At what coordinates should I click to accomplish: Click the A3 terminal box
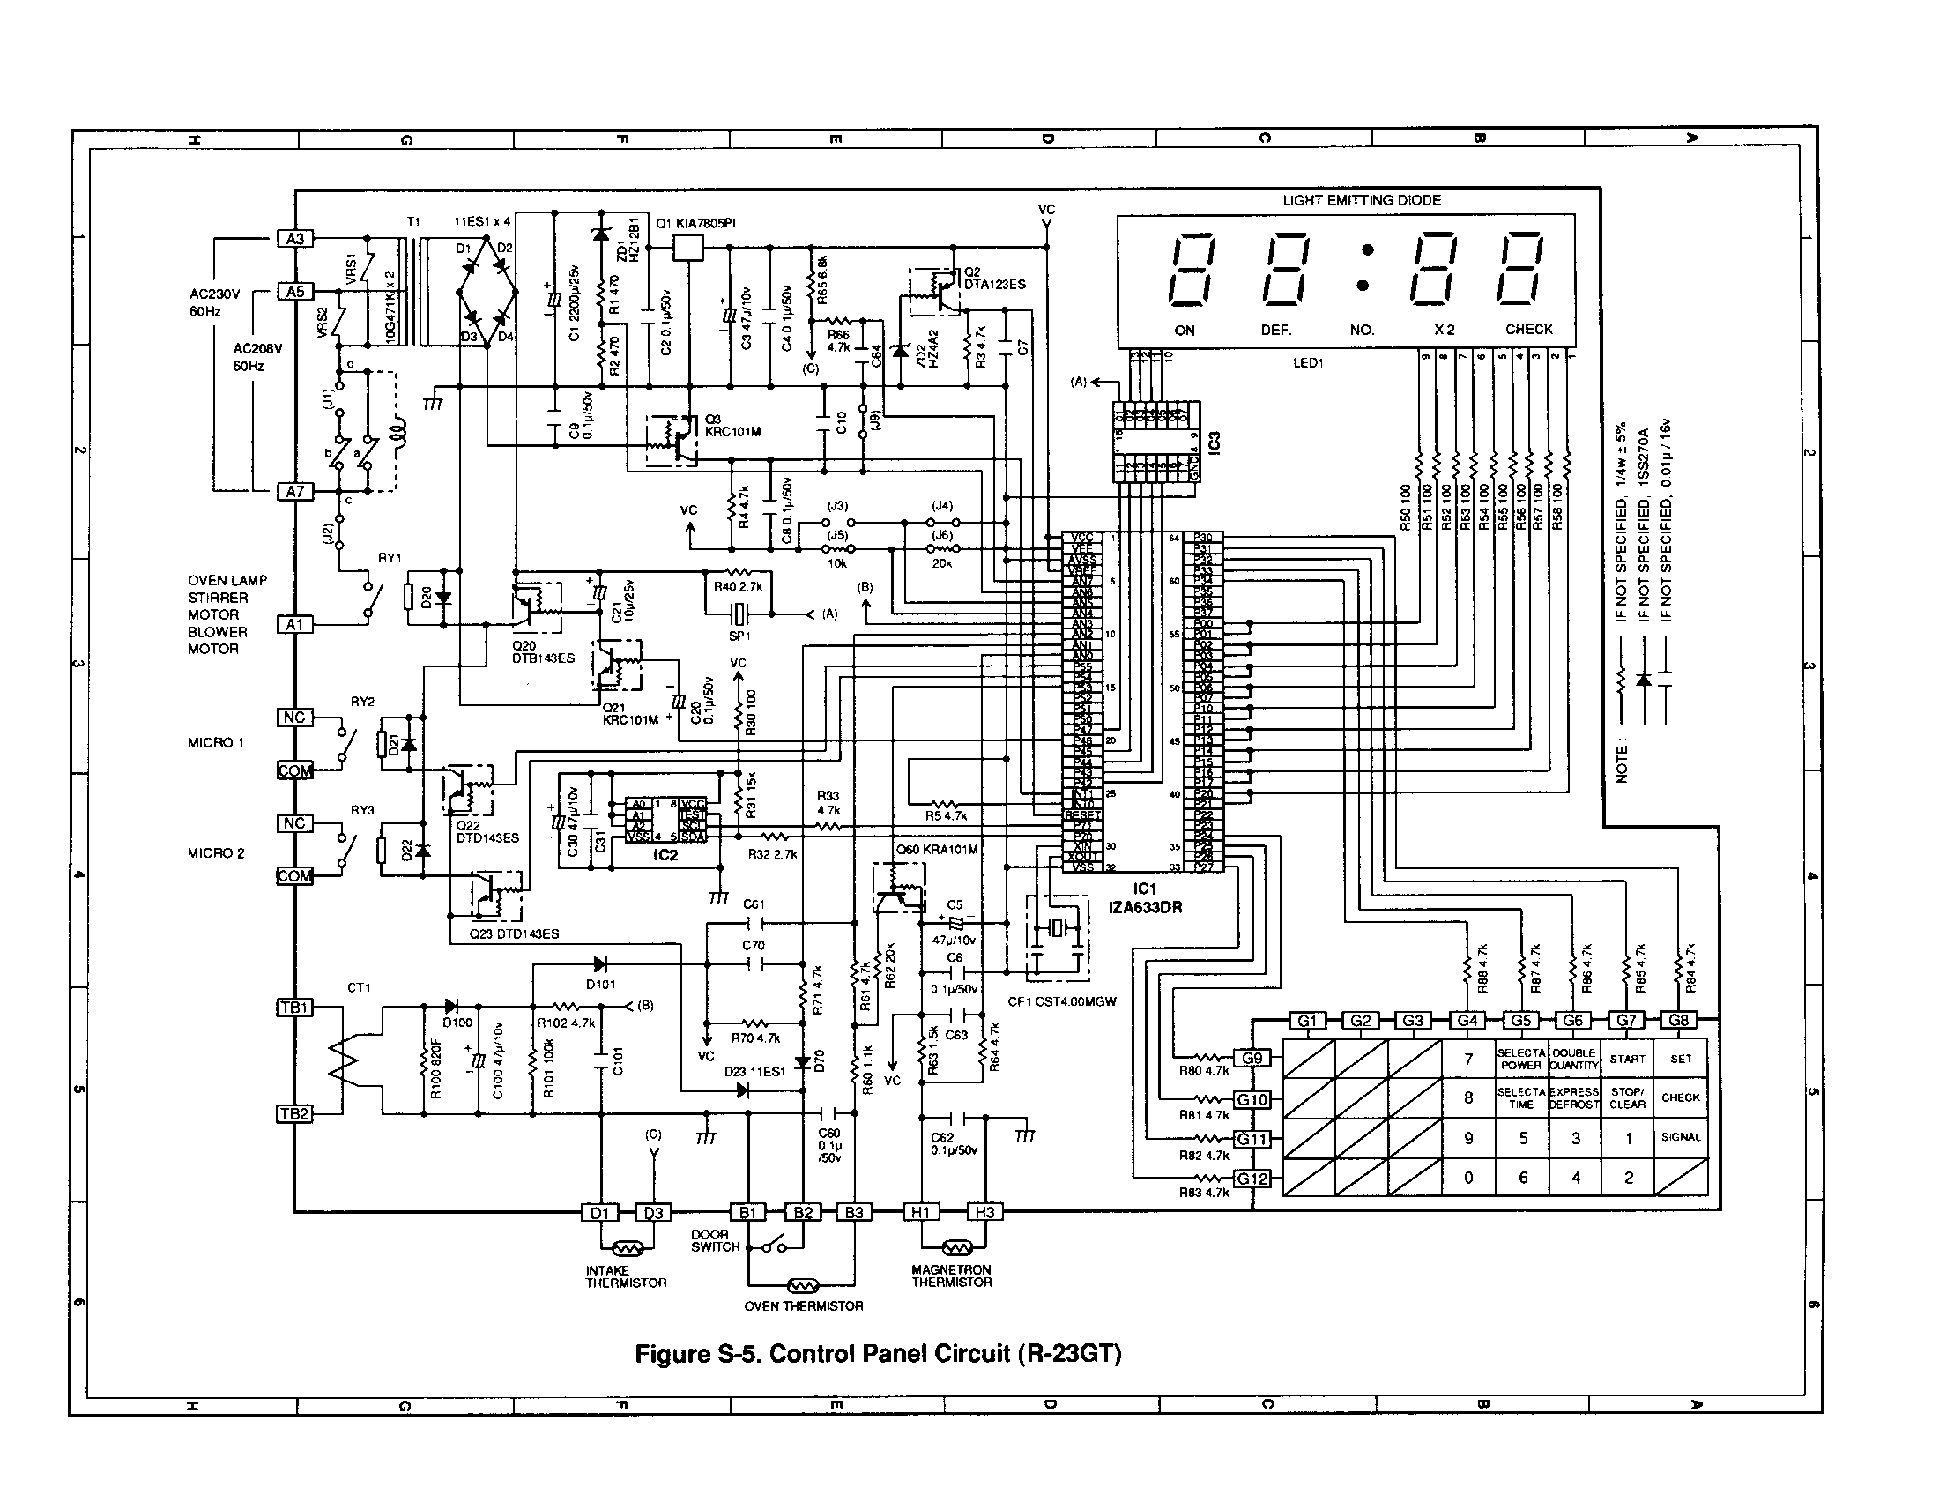click(295, 239)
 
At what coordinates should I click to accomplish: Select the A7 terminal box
click(295, 491)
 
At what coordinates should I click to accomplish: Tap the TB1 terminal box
click(294, 1008)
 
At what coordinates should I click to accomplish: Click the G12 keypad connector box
click(1252, 1179)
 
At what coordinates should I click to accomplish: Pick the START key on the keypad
click(1627, 1060)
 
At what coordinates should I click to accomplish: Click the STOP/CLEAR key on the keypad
click(1627, 1098)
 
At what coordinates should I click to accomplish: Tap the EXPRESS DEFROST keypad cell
click(1574, 1098)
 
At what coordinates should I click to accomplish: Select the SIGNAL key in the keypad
click(1681, 1137)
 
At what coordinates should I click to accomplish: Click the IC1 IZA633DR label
click(1145, 898)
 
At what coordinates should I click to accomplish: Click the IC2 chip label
click(665, 856)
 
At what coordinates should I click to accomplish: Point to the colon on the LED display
click(1367, 268)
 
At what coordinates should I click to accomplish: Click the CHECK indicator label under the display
click(1529, 330)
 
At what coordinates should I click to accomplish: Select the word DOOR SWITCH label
click(715, 1240)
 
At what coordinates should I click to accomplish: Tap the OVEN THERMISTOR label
click(804, 1305)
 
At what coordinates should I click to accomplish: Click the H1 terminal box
click(921, 1212)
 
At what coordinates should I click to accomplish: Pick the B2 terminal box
click(803, 1212)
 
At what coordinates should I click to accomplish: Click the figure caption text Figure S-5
click(878, 1354)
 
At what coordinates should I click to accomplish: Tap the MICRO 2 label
click(216, 853)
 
